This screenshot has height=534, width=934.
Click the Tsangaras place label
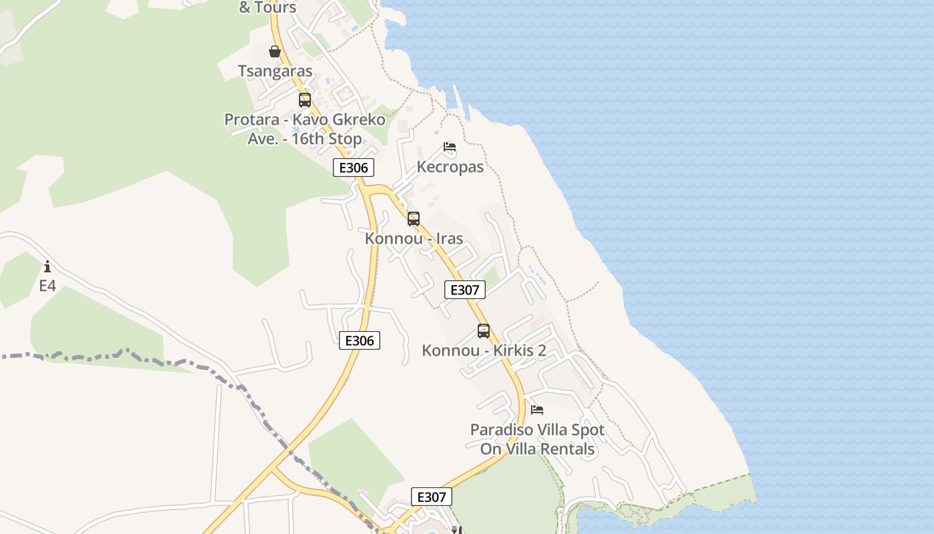[275, 71]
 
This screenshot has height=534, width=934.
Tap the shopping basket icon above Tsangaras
[274, 51]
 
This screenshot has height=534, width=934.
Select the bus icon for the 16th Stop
[305, 100]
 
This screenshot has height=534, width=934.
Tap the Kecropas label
[450, 167]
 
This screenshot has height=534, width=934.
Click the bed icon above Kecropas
[450, 147]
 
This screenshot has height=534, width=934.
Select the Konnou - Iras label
[414, 238]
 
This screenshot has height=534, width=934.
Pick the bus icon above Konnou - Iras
[414, 218]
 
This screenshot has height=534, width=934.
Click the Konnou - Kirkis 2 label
[484, 350]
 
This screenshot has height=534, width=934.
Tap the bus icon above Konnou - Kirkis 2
[484, 330]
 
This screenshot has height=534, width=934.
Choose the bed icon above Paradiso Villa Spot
[537, 409]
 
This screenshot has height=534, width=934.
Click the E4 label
[47, 286]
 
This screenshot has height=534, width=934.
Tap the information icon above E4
[47, 267]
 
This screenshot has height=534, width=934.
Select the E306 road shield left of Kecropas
[353, 168]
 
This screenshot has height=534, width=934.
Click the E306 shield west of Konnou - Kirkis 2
[359, 340]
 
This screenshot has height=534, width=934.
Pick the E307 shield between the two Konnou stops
[464, 290]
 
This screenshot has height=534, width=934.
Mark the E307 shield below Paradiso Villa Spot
[431, 497]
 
